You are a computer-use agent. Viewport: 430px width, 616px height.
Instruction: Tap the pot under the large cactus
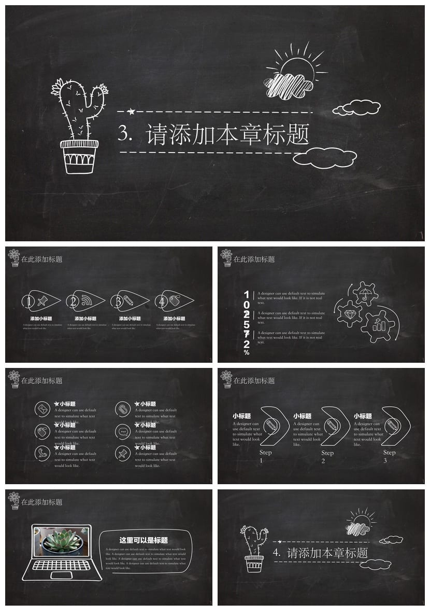coord(79,156)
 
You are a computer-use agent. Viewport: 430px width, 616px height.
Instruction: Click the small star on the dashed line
coord(131,111)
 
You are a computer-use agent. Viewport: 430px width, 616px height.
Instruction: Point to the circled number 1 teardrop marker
coord(30,301)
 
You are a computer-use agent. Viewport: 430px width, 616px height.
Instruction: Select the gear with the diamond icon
coord(348,313)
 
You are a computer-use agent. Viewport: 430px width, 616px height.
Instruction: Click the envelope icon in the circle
coord(42,409)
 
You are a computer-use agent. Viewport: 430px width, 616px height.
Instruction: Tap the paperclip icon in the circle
coord(123,409)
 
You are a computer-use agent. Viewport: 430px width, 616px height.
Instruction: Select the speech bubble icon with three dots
coord(123,431)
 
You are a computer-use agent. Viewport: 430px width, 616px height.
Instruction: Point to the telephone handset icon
coord(42,453)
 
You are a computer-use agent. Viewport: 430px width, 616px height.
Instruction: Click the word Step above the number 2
coord(327,453)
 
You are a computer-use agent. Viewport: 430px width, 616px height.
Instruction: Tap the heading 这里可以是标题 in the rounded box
coord(144,540)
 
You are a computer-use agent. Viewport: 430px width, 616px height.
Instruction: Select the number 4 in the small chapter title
coord(277,552)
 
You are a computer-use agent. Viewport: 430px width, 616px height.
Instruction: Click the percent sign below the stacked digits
coord(247,352)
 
